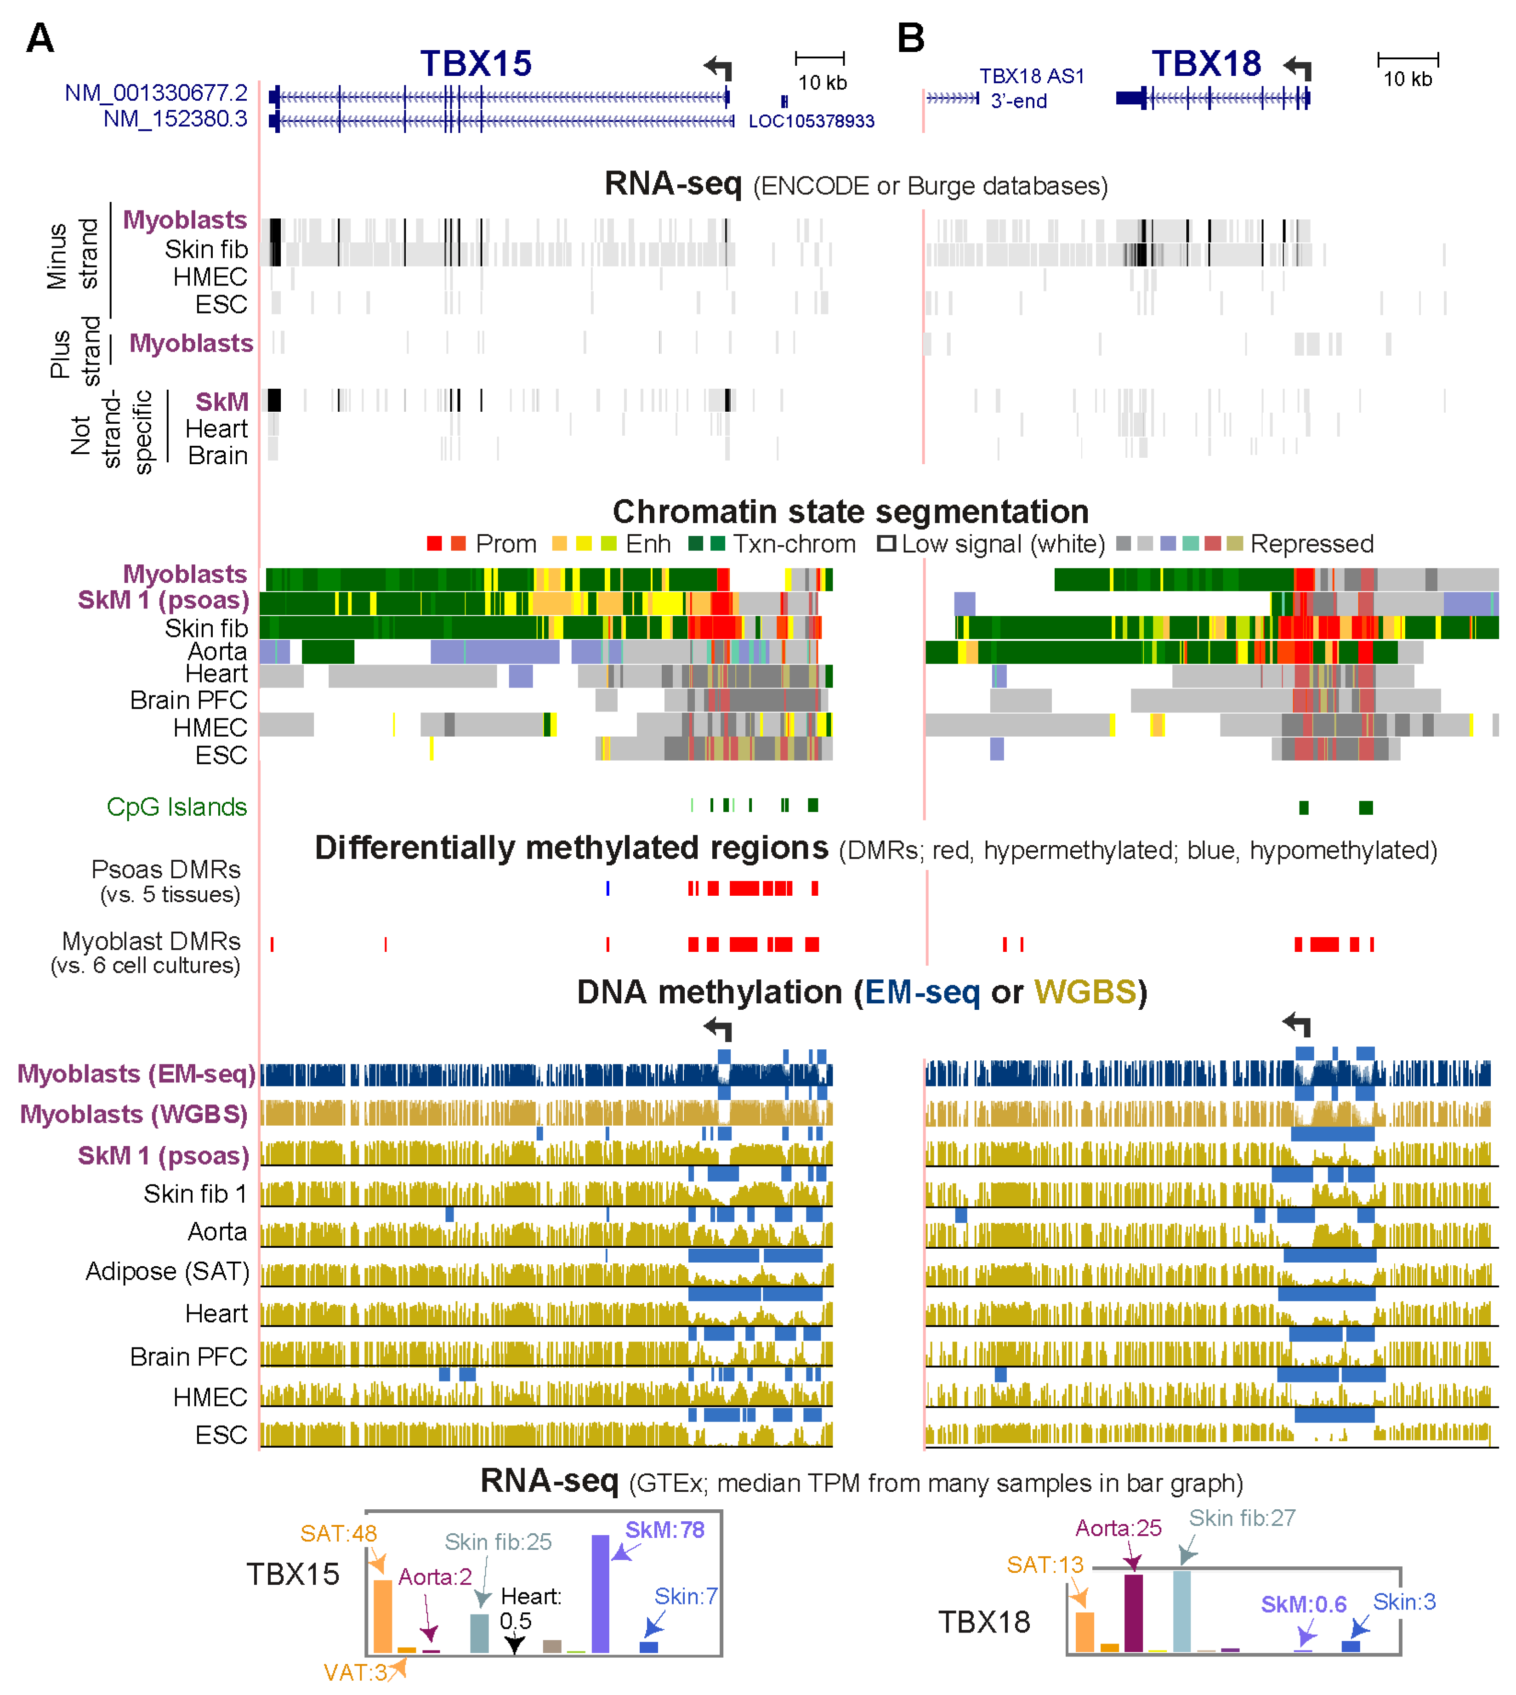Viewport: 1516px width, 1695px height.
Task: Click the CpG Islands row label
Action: (x=176, y=807)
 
